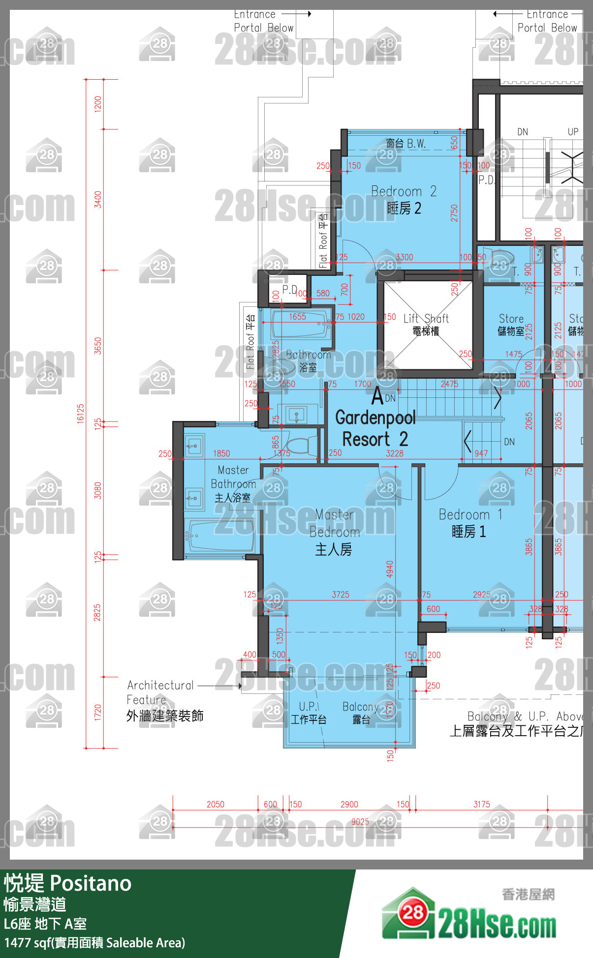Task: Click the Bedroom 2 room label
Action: tap(404, 200)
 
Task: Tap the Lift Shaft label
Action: tap(426, 325)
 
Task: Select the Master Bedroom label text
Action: tap(334, 532)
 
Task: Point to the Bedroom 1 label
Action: tap(469, 523)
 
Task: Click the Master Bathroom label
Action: tap(233, 484)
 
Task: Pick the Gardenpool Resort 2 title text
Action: tap(375, 428)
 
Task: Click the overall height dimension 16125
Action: tap(81, 414)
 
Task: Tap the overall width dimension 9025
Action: tap(360, 822)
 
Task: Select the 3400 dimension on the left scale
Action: tap(98, 199)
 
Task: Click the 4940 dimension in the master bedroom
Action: tap(390, 569)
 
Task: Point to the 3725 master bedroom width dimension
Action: tap(340, 595)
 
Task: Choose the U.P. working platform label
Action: tap(308, 713)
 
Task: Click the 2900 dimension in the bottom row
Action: tap(349, 805)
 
